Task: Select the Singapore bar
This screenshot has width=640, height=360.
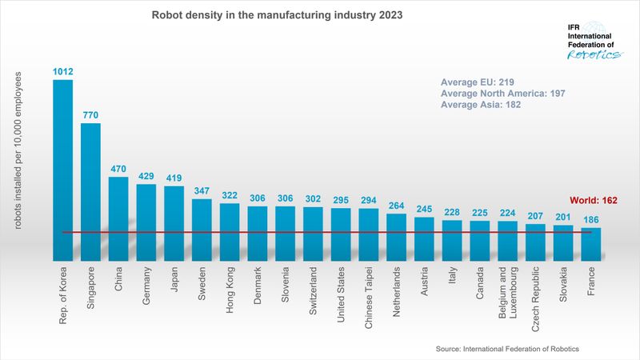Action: click(90, 192)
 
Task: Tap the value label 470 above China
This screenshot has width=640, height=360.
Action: click(118, 170)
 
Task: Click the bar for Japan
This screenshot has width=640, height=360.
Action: click(174, 223)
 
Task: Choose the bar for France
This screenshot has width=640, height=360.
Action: click(591, 244)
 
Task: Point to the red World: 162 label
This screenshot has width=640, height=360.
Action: click(593, 201)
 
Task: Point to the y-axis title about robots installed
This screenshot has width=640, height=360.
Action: click(17, 153)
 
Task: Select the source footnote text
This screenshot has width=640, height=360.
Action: click(507, 350)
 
